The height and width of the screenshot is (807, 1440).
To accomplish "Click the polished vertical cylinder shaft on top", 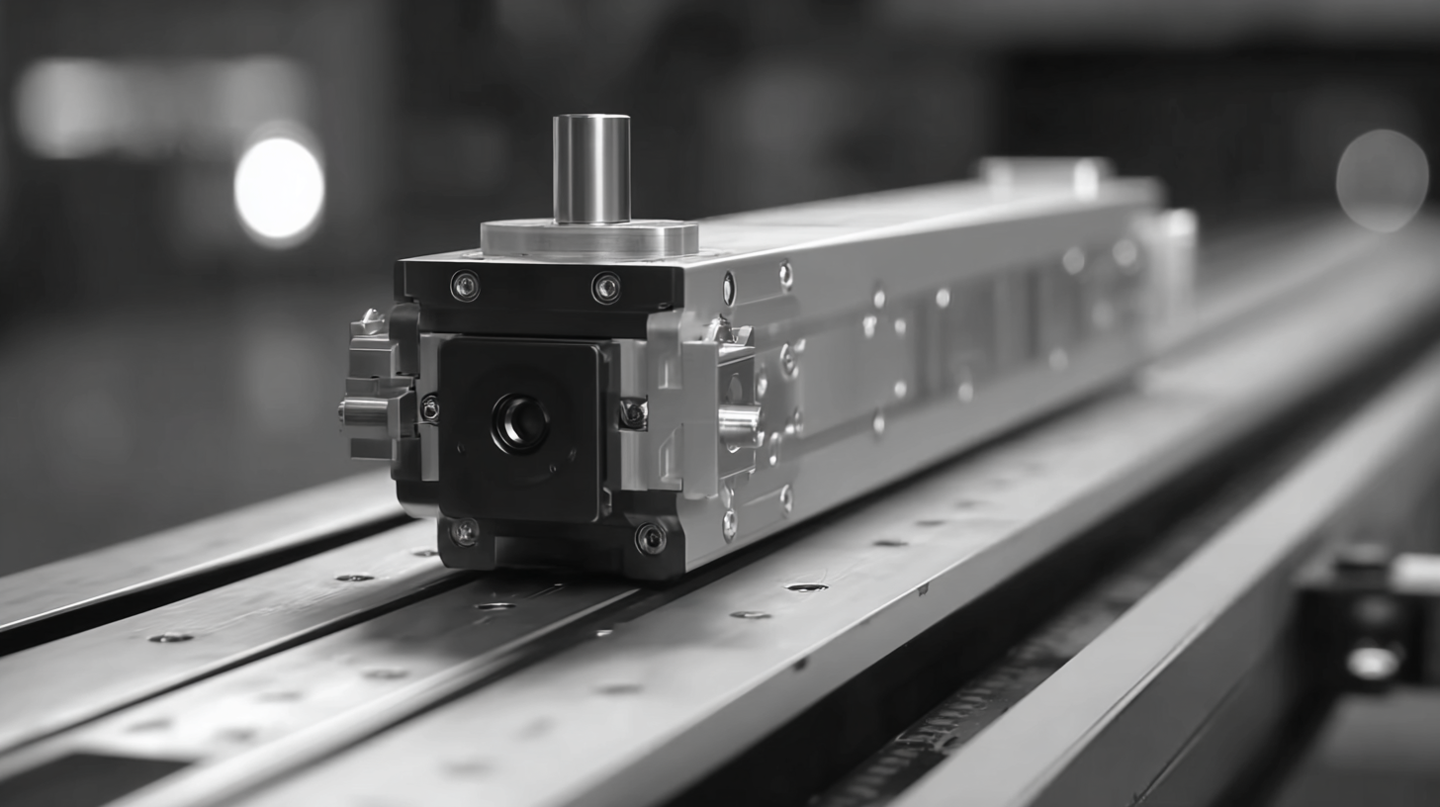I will tap(591, 168).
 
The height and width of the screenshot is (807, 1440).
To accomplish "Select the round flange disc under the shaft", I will tap(589, 238).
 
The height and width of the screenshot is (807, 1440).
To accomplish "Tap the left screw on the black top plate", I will tap(465, 286).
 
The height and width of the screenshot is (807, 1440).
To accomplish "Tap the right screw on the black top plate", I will tap(605, 288).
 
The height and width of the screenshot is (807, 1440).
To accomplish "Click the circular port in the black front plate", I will tap(520, 423).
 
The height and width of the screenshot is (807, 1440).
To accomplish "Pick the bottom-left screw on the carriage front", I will tap(464, 532).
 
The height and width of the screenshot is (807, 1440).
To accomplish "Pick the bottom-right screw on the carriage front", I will tap(650, 538).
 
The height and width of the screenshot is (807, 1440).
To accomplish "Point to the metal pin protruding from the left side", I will tap(364, 412).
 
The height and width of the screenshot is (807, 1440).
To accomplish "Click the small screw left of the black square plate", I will tap(429, 407).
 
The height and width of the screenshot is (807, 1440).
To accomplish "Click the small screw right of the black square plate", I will tap(633, 413).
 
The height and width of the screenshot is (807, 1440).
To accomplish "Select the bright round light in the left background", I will tap(279, 188).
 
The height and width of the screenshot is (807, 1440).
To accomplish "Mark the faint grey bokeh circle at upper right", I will tap(1382, 180).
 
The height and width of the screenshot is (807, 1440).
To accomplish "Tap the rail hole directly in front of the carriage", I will tap(495, 605).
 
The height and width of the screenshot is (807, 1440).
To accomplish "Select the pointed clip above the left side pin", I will tap(371, 322).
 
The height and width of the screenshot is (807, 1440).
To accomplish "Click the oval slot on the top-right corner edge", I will tap(729, 289).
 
